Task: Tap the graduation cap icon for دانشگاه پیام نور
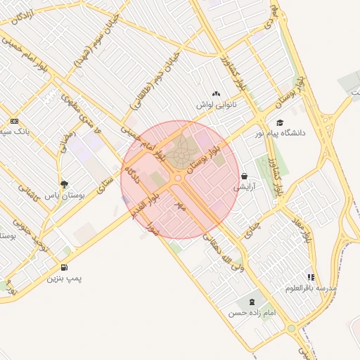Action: tap(280, 122)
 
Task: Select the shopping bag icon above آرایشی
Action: tap(244, 176)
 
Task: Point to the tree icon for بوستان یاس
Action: tap(64, 184)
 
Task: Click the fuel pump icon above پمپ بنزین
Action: tap(65, 267)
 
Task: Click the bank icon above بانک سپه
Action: tap(15, 121)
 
